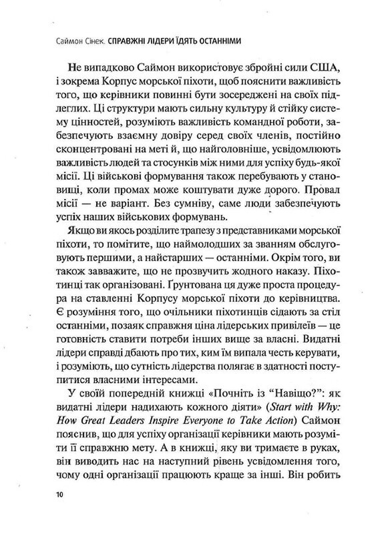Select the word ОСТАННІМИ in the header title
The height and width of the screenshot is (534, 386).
click(216, 40)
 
